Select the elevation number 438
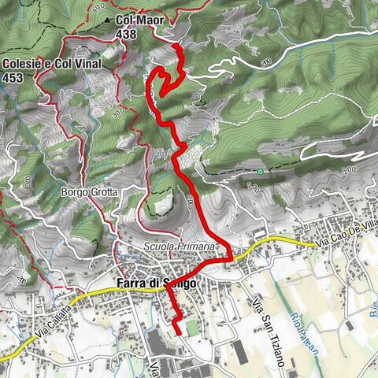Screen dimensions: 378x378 (126, 34)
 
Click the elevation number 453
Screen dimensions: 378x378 (13, 77)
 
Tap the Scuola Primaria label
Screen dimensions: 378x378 (179, 246)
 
